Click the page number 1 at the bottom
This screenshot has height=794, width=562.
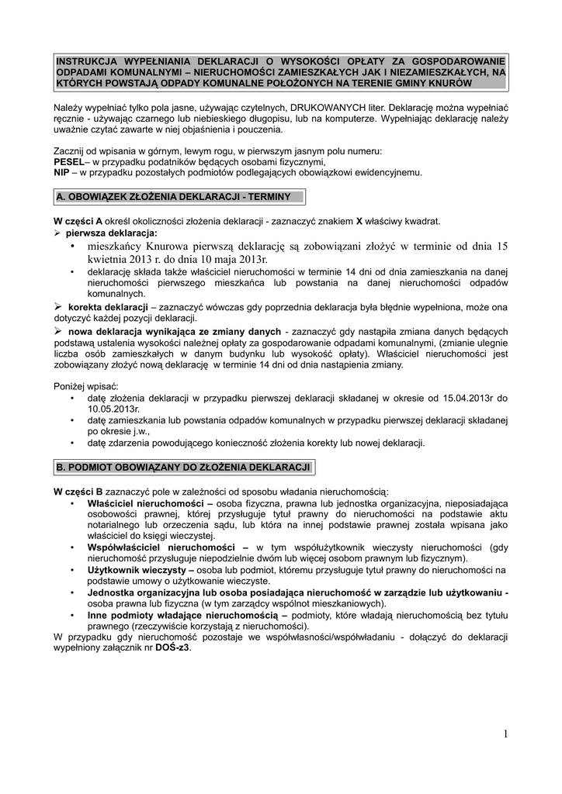[x=505, y=734]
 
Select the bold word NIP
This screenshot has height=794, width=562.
[x=61, y=173]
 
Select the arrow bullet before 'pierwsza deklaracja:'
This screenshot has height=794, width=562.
[x=57, y=233]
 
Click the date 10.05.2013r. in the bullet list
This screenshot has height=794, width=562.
[x=113, y=409]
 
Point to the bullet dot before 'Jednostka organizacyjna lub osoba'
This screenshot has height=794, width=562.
[x=71, y=592]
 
